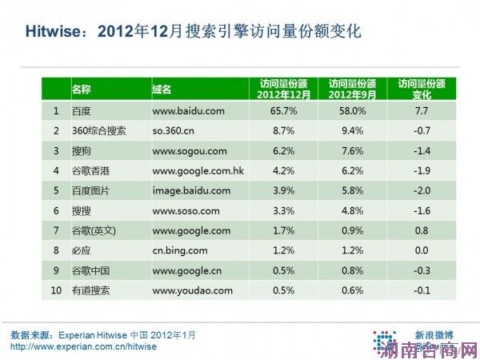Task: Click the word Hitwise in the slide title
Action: click(50, 32)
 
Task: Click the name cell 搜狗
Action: click(82, 150)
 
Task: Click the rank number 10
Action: click(56, 290)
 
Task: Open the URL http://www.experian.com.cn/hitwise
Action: click(83, 347)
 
